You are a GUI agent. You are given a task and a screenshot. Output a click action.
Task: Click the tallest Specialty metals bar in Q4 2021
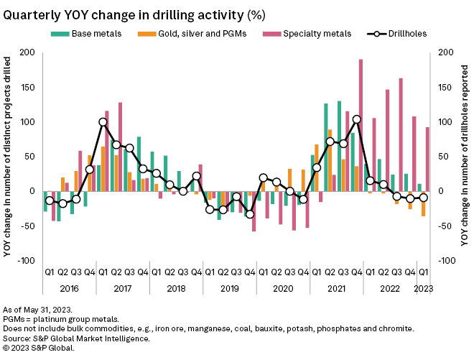click(x=361, y=125)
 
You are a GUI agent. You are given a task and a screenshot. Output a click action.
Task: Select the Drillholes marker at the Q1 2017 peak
click(x=103, y=122)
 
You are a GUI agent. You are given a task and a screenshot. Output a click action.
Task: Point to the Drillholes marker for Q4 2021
click(x=356, y=119)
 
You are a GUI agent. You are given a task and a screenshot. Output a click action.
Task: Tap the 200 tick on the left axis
click(x=27, y=52)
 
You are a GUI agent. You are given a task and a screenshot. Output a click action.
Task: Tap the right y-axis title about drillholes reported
click(x=465, y=156)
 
